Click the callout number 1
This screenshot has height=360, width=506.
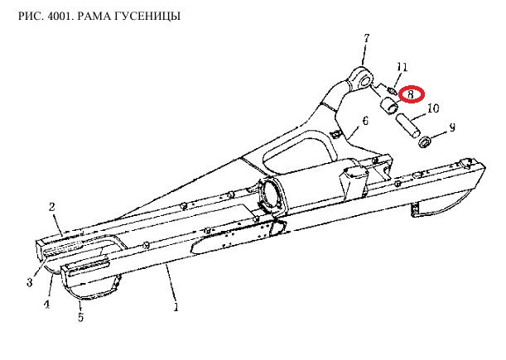(176, 307)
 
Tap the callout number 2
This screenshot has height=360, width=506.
(52, 207)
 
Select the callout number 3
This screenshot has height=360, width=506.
(30, 282)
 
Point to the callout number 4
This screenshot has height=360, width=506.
(47, 304)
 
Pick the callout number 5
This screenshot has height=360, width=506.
(80, 317)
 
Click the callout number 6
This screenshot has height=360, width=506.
(365, 121)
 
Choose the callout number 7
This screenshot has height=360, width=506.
(367, 38)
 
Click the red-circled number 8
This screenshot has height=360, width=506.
(411, 94)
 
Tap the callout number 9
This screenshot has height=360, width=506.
(452, 127)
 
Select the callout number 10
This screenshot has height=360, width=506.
(433, 108)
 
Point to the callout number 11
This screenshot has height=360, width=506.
(402, 67)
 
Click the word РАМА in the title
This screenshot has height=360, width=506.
(97, 16)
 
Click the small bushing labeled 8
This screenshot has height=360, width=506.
(390, 106)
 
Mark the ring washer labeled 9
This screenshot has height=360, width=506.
(425, 142)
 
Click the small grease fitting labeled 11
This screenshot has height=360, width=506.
(392, 90)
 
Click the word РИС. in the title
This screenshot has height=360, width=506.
(31, 16)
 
